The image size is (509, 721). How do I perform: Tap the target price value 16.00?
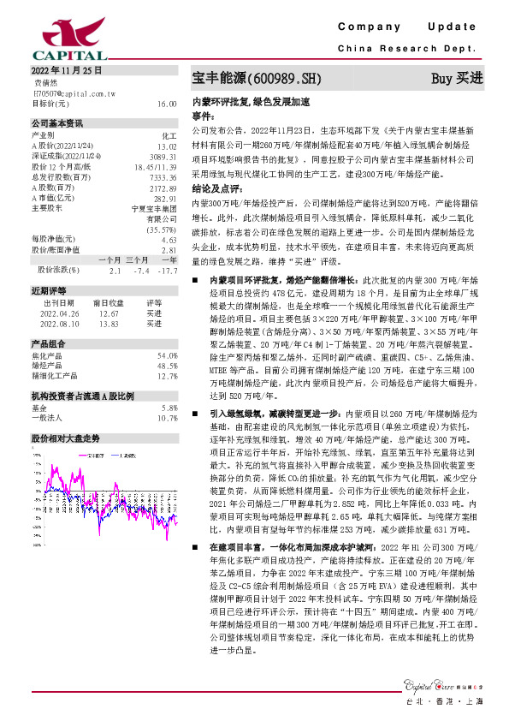pyautogui.click(x=167, y=103)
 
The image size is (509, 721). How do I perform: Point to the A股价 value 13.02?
pyautogui.click(x=168, y=146)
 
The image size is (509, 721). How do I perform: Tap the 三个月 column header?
pyautogui.click(x=138, y=259)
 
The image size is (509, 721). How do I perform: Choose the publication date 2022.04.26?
pyautogui.click(x=59, y=314)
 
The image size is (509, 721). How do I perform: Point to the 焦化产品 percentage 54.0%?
pyautogui.click(x=167, y=355)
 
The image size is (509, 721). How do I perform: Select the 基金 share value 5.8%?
pyautogui.click(x=169, y=408)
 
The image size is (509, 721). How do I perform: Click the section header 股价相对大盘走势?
pyautogui.click(x=66, y=438)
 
